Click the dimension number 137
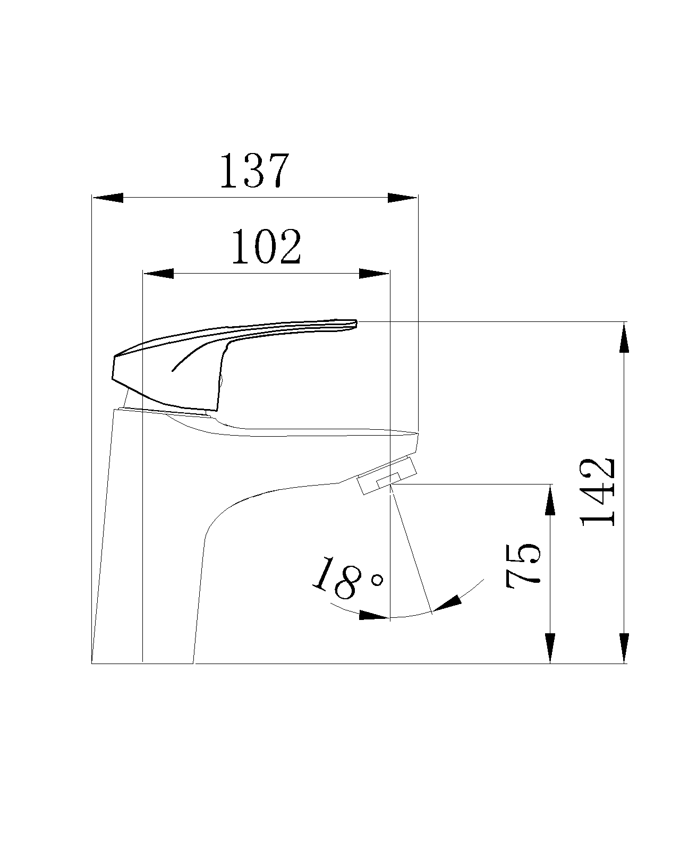click(254, 170)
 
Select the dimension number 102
click(266, 246)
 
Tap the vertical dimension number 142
click(597, 492)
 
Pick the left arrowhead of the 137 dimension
click(107, 198)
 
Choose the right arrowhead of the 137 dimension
click(402, 198)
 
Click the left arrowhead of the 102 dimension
click(158, 273)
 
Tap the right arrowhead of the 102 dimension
click(374, 273)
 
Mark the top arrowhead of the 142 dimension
click(624, 337)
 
